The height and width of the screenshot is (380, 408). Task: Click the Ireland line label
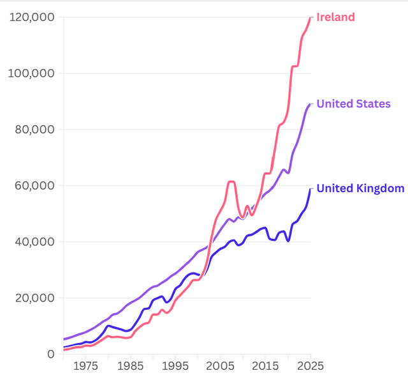tap(335, 17)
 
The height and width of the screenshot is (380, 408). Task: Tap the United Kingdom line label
tap(360, 188)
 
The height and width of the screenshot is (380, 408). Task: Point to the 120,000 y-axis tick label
tap(33, 17)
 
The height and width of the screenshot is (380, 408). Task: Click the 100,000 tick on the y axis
tap(33, 73)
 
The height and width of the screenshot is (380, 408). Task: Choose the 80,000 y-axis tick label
tap(35, 129)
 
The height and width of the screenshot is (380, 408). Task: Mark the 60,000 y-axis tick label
tap(35, 185)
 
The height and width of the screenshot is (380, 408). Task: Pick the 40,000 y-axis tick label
tap(35, 241)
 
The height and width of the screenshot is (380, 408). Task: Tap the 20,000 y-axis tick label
tap(35, 298)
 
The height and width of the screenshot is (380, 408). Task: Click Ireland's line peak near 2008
tap(231, 182)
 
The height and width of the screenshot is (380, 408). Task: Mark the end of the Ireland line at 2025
tap(310, 17)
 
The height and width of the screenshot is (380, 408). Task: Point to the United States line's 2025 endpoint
tap(310, 104)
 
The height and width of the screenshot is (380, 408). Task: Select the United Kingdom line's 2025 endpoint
tap(310, 188)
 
